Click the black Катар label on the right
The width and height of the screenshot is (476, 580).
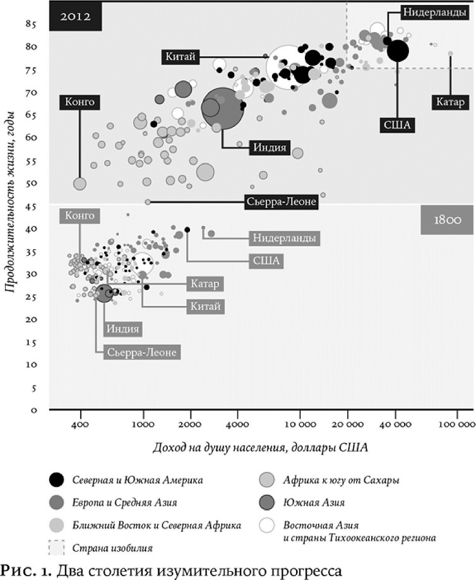pyautogui.click(x=450, y=102)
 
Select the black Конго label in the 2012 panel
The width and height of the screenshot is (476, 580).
pyautogui.click(x=79, y=101)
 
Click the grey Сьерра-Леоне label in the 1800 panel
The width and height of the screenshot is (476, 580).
pyautogui.click(x=142, y=352)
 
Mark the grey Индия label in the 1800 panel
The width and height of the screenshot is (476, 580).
pyautogui.click(x=122, y=328)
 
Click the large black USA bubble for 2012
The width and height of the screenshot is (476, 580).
pyautogui.click(x=397, y=50)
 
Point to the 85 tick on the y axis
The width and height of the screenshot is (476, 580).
pyautogui.click(x=30, y=24)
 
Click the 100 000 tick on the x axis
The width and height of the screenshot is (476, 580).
pyautogui.click(x=456, y=425)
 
